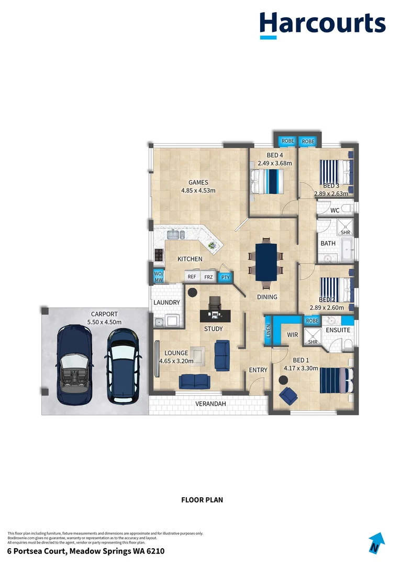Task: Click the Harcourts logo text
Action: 323,24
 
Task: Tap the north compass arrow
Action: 375,543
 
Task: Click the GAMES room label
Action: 198,182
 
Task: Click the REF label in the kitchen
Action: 192,277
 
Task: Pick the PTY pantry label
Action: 225,277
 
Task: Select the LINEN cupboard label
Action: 268,331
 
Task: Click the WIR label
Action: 293,334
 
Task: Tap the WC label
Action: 336,210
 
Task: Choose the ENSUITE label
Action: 338,330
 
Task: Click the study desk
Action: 215,315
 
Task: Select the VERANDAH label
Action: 210,404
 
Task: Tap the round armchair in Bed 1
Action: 287,395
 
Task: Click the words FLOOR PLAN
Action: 202,499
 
